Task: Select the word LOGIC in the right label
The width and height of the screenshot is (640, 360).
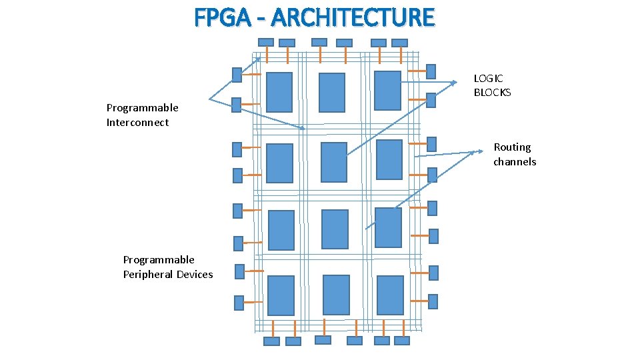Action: (489, 79)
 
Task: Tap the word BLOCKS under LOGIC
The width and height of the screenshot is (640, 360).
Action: (492, 93)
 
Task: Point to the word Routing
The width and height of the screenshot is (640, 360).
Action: (512, 147)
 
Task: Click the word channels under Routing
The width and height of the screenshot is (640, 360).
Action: (514, 162)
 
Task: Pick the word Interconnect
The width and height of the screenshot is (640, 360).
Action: (137, 123)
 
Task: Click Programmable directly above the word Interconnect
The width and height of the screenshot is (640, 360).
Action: (142, 108)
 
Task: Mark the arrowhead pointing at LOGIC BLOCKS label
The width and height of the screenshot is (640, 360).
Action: (454, 83)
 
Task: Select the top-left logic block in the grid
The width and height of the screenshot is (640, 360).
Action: (279, 92)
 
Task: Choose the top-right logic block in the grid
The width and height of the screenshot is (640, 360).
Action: (387, 90)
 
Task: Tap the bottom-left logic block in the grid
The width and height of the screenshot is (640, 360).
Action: (281, 295)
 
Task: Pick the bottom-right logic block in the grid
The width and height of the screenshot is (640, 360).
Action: (390, 295)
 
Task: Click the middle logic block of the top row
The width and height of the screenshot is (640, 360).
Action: (332, 93)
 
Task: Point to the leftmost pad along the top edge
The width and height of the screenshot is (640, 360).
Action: (266, 42)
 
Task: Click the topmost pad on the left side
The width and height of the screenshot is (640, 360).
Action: (237, 75)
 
